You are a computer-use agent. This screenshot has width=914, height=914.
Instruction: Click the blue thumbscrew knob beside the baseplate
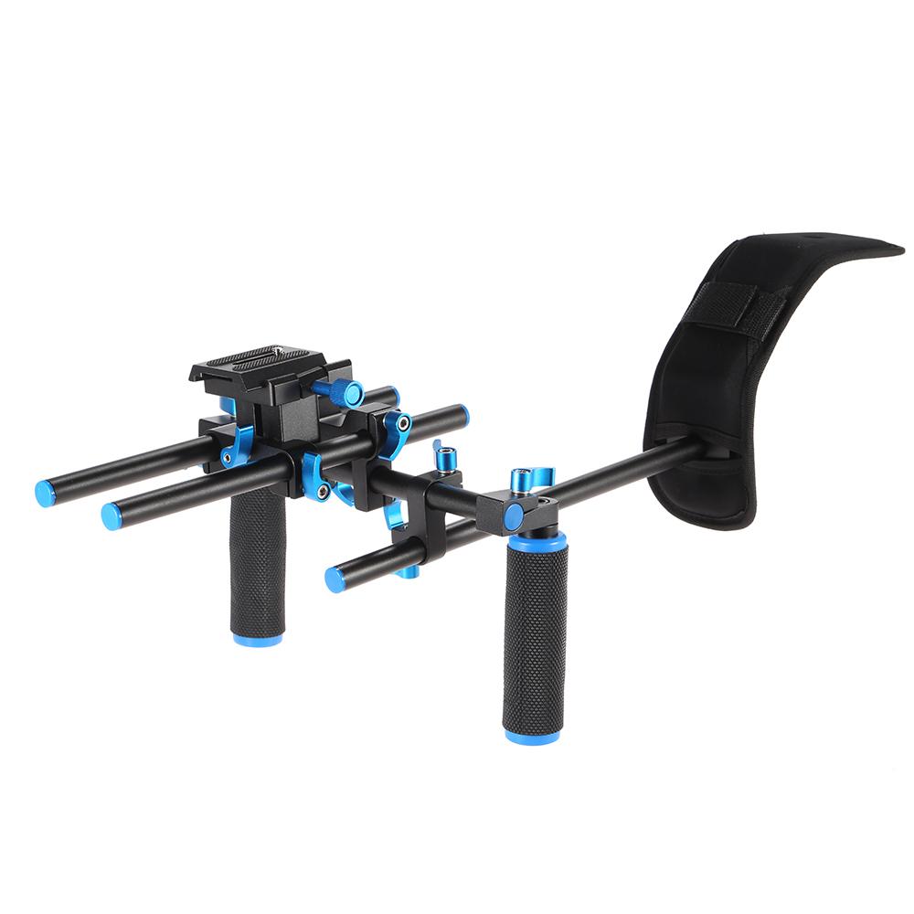coord(347,393)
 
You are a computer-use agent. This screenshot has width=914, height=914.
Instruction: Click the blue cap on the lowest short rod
coord(335,579)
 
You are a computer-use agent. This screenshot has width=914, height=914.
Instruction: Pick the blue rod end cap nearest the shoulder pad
coord(462,415)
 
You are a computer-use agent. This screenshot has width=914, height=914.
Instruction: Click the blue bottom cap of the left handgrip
coord(257,640)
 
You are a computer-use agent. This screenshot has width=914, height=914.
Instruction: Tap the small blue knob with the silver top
coord(446,456)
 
